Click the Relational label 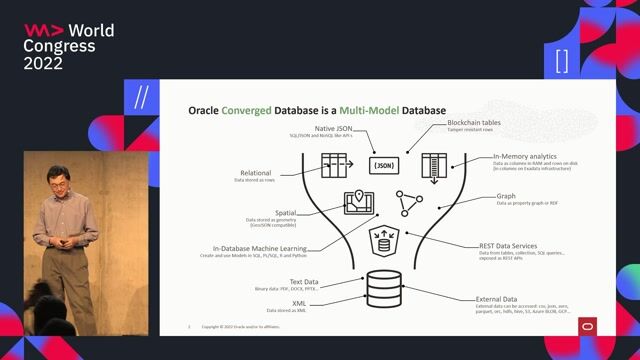pos(254,172)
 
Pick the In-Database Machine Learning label pos(259,248)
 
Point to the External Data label pos(496,299)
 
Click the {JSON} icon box pos(384,166)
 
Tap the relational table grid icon pos(333,165)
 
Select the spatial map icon pos(358,203)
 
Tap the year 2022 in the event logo pos(43,63)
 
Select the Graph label pos(507,197)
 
